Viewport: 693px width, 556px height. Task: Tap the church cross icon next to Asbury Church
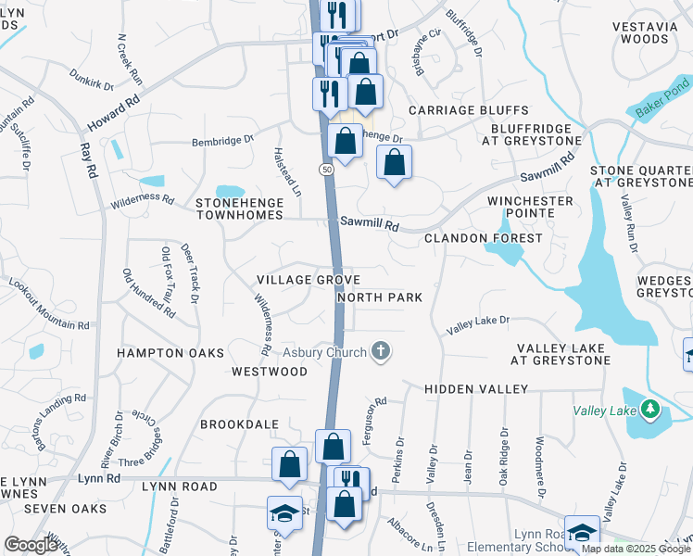pos(379,350)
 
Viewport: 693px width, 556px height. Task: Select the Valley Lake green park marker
pos(650,408)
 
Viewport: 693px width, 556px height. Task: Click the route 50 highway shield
pos(327,170)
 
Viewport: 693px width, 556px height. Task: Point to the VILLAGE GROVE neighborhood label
pos(309,279)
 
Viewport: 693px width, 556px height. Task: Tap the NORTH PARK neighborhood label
pos(380,297)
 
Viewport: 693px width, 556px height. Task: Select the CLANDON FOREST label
pos(483,238)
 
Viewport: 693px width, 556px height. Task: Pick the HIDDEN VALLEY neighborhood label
pos(476,389)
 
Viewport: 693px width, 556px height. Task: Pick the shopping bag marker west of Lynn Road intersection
pos(290,463)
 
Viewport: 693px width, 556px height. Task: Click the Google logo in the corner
pos(31,545)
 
